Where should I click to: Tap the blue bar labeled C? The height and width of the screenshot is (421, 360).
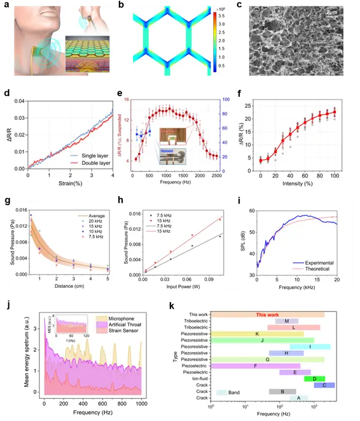(x=324, y=385)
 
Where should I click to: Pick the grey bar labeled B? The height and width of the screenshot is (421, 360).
(x=282, y=392)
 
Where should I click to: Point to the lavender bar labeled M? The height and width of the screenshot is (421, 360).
(x=287, y=321)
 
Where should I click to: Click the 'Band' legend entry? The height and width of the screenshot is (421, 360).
(x=235, y=392)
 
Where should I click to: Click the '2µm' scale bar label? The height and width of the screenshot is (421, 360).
(x=335, y=10)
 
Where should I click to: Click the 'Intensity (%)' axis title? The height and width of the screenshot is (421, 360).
(x=298, y=183)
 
